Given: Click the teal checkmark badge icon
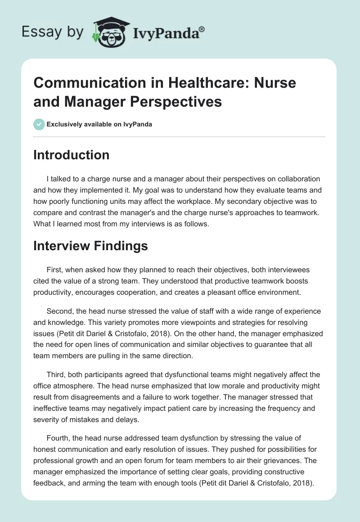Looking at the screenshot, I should pyautogui.click(x=39, y=124).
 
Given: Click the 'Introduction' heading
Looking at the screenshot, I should pyautogui.click(x=72, y=155).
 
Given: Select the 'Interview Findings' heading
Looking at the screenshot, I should pyautogui.click(x=90, y=246).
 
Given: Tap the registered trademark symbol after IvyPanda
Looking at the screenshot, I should pyautogui.click(x=202, y=28).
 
